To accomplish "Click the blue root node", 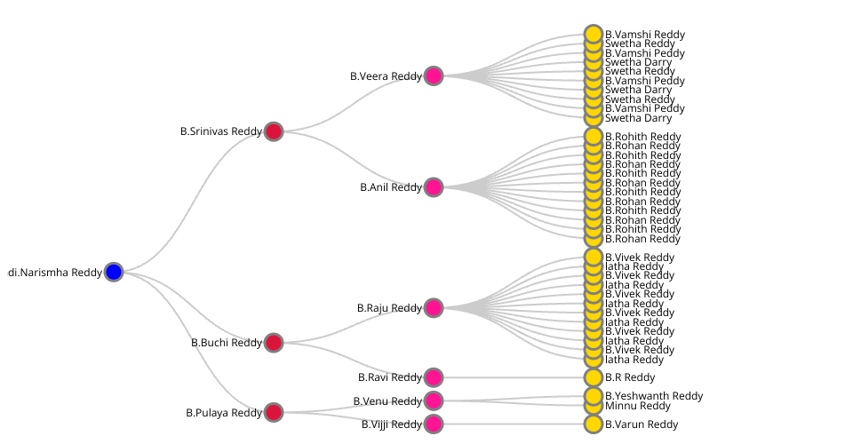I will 113,272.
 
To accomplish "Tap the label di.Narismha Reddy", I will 55,273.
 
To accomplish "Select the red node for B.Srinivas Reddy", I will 274,131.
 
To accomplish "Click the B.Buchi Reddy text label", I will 227,343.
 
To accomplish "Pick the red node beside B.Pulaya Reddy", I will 274,412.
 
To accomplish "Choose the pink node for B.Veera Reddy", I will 434,75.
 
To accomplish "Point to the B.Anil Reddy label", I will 391,187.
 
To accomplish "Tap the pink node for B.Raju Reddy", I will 434,308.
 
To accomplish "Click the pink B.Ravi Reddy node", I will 434,377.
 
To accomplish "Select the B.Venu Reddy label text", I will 387,401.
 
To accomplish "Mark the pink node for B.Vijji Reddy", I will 434,424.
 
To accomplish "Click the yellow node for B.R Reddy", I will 594,377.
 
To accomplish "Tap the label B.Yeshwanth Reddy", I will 654,396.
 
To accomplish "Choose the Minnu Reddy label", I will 638,406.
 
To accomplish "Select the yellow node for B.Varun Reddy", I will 594,424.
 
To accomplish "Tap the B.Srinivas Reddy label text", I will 221,131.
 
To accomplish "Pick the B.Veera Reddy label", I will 386,76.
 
